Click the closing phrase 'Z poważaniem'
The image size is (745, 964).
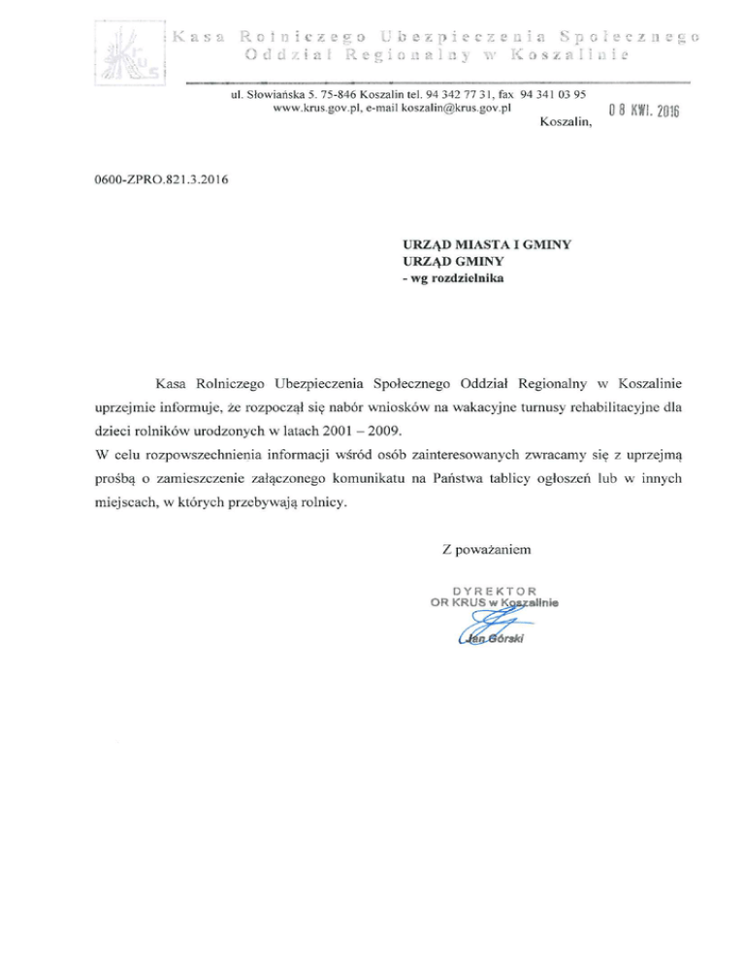pyautogui.click(x=485, y=550)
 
